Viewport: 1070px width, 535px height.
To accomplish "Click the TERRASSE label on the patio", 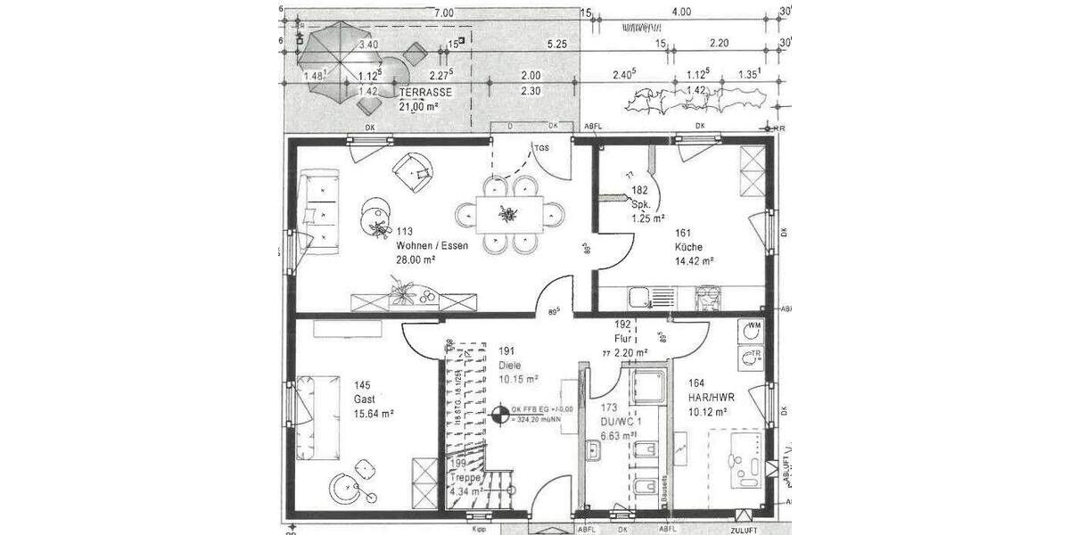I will click(425, 92).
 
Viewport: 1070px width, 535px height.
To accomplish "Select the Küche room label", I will click(688, 247).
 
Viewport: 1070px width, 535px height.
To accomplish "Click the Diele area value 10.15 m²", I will click(518, 379).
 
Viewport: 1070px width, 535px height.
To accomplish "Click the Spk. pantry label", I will click(642, 204).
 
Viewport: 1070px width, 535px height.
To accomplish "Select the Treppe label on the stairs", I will click(465, 476).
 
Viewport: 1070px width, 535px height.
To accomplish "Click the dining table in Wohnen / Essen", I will click(506, 214).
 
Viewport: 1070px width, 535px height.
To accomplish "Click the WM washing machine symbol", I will click(753, 330).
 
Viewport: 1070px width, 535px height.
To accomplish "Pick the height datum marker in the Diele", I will click(499, 413).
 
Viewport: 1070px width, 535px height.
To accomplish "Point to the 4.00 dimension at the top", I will click(680, 12).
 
